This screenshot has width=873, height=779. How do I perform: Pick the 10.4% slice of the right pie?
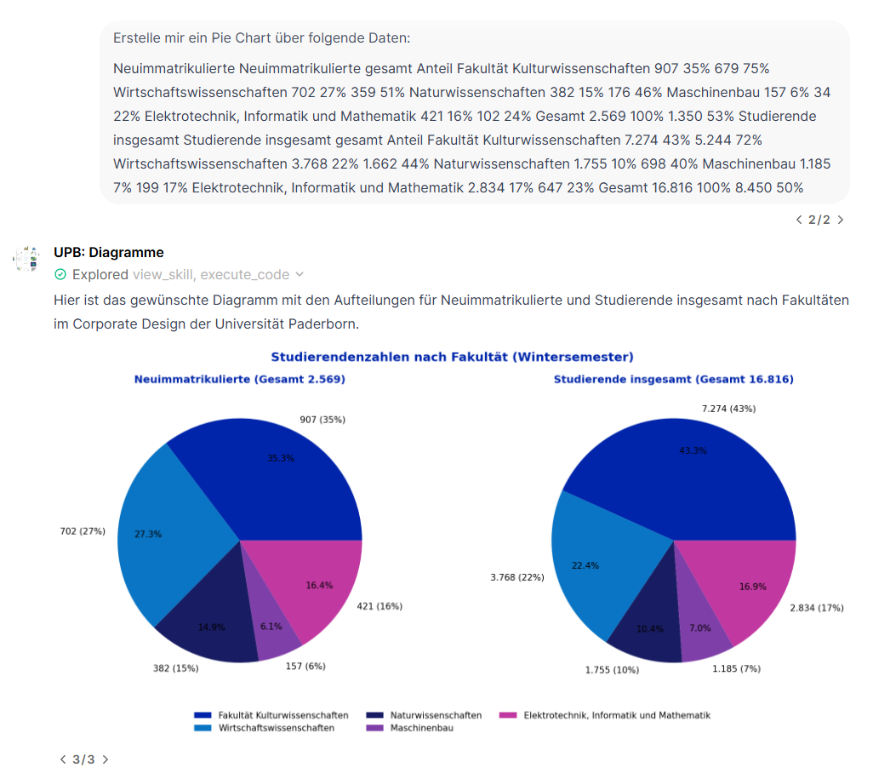click(x=648, y=626)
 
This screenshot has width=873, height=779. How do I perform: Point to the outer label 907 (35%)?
click(x=322, y=420)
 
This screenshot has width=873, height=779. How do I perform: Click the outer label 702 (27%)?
click(x=83, y=531)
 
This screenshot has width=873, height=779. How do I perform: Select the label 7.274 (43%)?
click(x=728, y=409)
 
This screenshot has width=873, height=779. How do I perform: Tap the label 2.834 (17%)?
click(x=817, y=607)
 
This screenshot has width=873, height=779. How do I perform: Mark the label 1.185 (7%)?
click(x=736, y=668)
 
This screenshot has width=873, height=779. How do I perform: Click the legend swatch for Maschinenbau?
click(x=374, y=728)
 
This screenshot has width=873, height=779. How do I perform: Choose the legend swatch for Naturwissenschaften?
click(x=374, y=715)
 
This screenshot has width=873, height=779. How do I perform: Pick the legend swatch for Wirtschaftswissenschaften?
click(x=203, y=728)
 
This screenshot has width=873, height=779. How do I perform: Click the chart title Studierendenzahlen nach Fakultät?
click(x=452, y=357)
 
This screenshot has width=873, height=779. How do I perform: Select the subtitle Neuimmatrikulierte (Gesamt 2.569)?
click(x=240, y=380)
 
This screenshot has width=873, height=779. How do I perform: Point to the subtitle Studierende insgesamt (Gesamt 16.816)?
click(x=673, y=380)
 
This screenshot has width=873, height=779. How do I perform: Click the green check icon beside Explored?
click(x=60, y=275)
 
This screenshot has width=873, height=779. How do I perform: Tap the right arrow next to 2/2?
click(x=841, y=220)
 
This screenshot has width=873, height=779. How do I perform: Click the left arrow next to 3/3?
click(x=62, y=759)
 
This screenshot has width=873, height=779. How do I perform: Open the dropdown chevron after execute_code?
click(x=299, y=275)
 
